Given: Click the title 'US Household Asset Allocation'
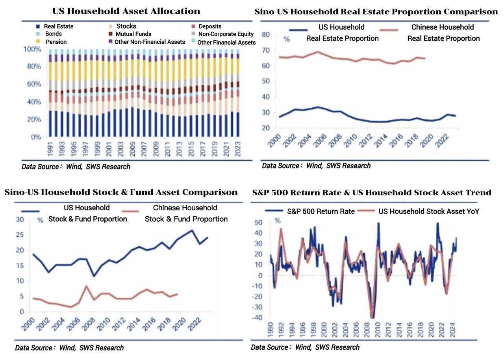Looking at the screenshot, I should click(126, 11).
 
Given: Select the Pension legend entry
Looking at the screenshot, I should click(56, 42).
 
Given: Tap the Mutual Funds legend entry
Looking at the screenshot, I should click(133, 34).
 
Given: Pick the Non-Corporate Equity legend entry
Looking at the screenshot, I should click(226, 34).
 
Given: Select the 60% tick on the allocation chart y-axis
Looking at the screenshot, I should click(33, 84).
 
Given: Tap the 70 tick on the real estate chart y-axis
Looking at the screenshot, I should click(265, 50).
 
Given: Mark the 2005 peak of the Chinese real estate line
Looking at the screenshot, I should click(318, 52).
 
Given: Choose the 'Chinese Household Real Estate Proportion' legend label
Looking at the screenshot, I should click(443, 33).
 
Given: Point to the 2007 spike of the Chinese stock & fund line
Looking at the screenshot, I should click(86, 286).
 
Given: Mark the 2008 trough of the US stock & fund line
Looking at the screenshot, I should click(93, 276).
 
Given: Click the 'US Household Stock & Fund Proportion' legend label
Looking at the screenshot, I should click(87, 213).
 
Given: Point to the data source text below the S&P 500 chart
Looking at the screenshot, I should click(305, 347).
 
